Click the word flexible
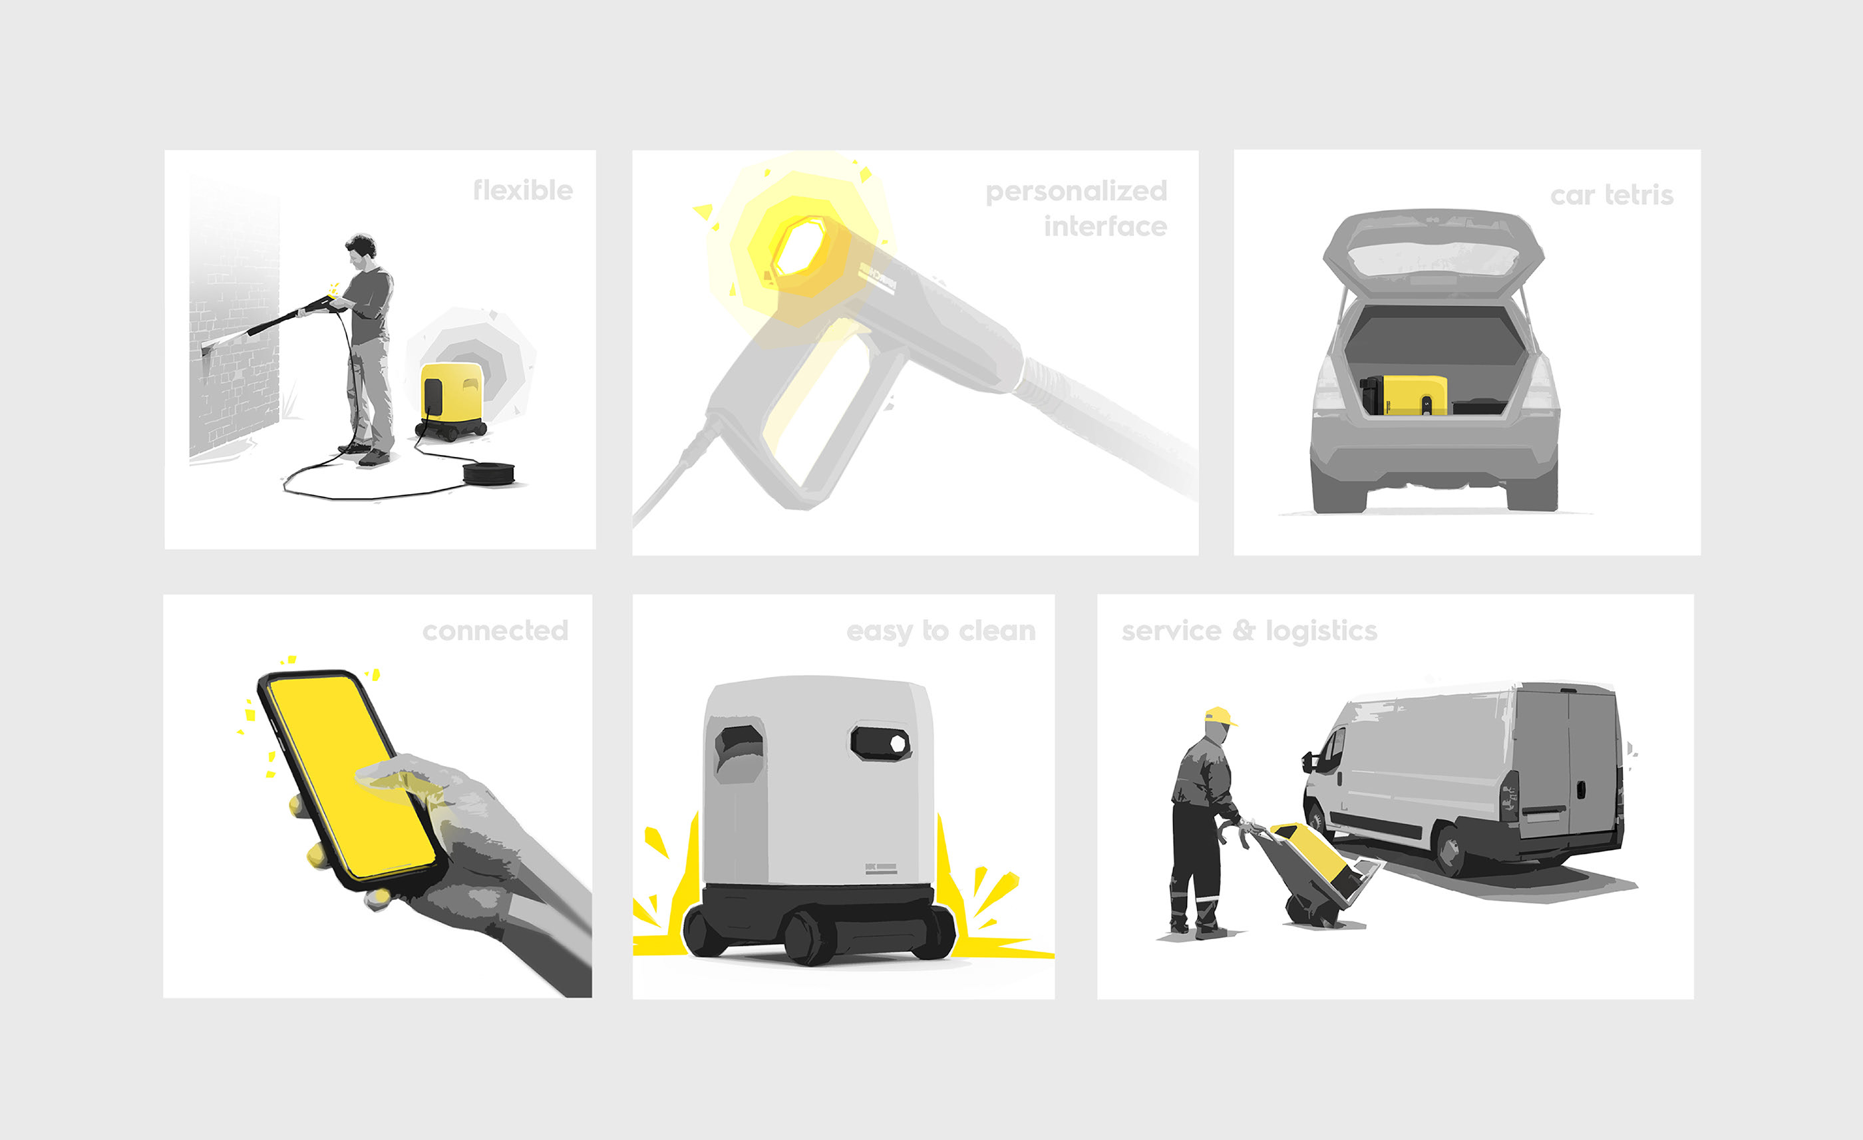coord(522,190)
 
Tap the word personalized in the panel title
coord(1076,192)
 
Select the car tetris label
coord(1611,195)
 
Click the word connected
coord(495,631)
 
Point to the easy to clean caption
coord(941,631)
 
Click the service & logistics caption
coord(1249,631)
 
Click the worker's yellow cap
coord(1220,715)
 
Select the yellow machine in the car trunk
coord(1404,395)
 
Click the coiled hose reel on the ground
coord(488,474)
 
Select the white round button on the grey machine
coord(898,743)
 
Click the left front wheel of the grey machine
coord(705,930)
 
